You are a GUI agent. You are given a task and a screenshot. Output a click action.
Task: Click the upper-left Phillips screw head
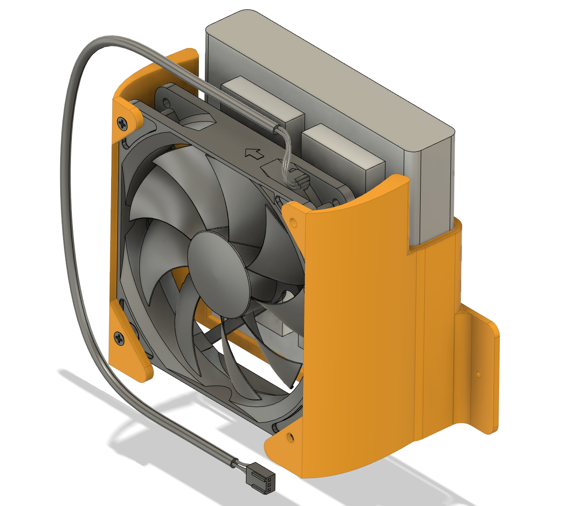pyautogui.click(x=122, y=123)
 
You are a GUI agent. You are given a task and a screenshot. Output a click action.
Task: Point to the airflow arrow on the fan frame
pyautogui.click(x=253, y=153)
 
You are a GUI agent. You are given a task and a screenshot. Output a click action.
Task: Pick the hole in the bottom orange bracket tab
pyautogui.click(x=290, y=438)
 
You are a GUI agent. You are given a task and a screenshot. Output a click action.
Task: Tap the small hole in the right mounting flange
pyautogui.click(x=478, y=374)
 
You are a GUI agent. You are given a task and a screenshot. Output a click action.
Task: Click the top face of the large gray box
pyautogui.click(x=327, y=70)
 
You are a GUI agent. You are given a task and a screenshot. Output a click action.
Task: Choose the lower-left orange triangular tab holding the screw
pyautogui.click(x=128, y=346)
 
